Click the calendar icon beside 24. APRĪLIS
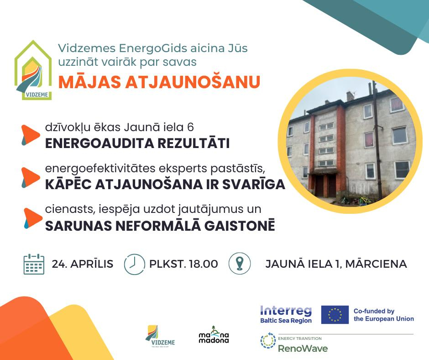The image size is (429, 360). pyautogui.click(x=34, y=264)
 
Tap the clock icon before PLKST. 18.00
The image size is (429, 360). pyautogui.click(x=134, y=264)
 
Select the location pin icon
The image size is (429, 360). pyautogui.click(x=240, y=264)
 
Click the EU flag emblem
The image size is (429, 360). pyautogui.click(x=335, y=314)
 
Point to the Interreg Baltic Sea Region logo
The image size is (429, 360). pyautogui.click(x=286, y=314)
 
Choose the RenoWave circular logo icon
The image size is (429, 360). pyautogui.click(x=268, y=340)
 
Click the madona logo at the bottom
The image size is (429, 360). pyautogui.click(x=214, y=335)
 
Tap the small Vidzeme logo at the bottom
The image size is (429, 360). pyautogui.click(x=160, y=336)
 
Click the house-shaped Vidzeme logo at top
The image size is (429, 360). pyautogui.click(x=33, y=70)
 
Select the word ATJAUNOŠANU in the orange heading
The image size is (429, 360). pyautogui.click(x=193, y=82)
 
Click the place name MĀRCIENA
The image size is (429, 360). pyautogui.click(x=376, y=264)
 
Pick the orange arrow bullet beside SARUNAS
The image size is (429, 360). pyautogui.click(x=33, y=218)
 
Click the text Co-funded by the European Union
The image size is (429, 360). pyautogui.click(x=383, y=315)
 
